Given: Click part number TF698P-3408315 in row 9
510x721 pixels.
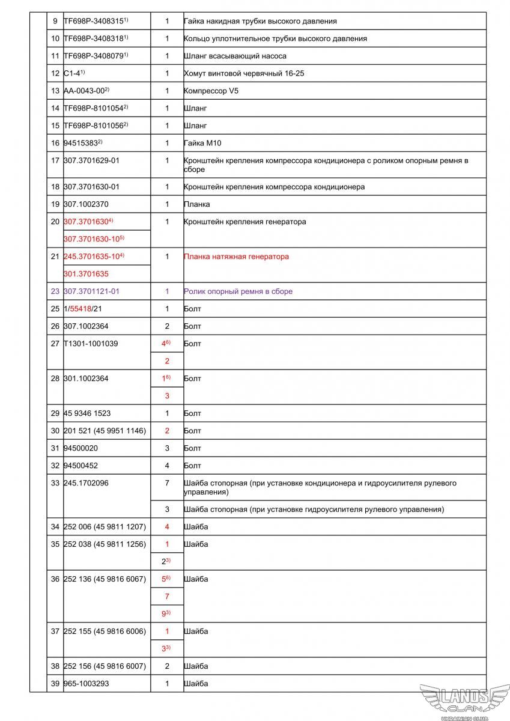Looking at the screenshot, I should click(94, 21).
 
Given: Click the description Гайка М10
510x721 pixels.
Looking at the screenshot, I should click(202, 143).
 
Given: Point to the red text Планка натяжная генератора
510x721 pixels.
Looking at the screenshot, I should click(236, 257).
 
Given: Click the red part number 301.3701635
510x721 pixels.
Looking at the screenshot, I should click(86, 274).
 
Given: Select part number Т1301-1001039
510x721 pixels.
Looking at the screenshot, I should click(91, 344).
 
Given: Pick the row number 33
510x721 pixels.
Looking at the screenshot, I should click(55, 483).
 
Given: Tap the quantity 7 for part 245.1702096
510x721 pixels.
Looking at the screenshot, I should click(167, 483).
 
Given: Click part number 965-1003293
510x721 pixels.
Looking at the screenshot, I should click(86, 684).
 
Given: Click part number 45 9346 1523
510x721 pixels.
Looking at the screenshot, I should click(87, 413).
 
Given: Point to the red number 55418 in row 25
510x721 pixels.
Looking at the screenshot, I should click(80, 309).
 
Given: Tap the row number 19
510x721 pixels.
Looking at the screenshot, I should click(55, 204).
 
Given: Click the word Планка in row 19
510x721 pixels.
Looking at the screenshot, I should click(196, 204).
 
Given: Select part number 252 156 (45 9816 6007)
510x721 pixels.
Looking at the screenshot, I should click(105, 666).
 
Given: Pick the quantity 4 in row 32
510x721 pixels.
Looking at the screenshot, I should click(167, 466).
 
